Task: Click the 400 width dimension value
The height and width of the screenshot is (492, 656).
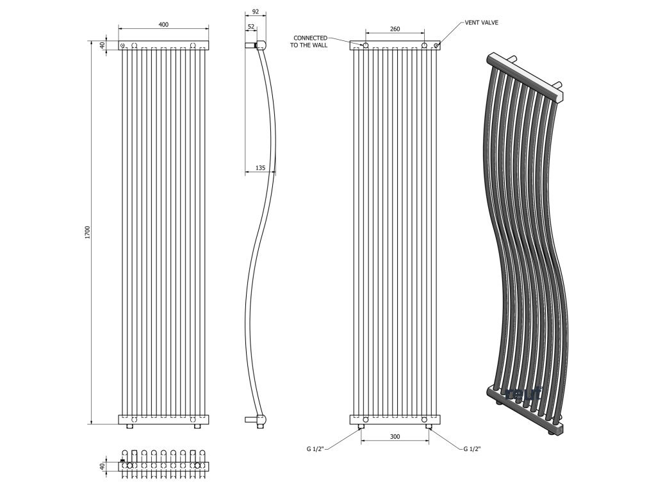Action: (163, 24)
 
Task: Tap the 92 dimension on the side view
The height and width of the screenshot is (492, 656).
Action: (256, 12)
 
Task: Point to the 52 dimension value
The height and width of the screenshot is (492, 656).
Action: (250, 27)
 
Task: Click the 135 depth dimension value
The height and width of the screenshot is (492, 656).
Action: (260, 168)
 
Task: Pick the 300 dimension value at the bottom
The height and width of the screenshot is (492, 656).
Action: (395, 436)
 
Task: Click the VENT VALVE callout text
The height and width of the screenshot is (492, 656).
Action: (482, 22)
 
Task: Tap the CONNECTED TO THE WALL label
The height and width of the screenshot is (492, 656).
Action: (311, 42)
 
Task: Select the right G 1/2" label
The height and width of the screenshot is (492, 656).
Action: (473, 449)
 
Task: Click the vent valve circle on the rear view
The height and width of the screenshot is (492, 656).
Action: (437, 45)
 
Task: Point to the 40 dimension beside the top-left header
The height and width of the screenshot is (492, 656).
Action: (101, 45)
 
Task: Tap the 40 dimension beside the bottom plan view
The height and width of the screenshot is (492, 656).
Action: (101, 466)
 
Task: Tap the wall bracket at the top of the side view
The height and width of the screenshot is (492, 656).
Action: (255, 45)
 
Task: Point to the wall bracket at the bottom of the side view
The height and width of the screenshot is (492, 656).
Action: (255, 420)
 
